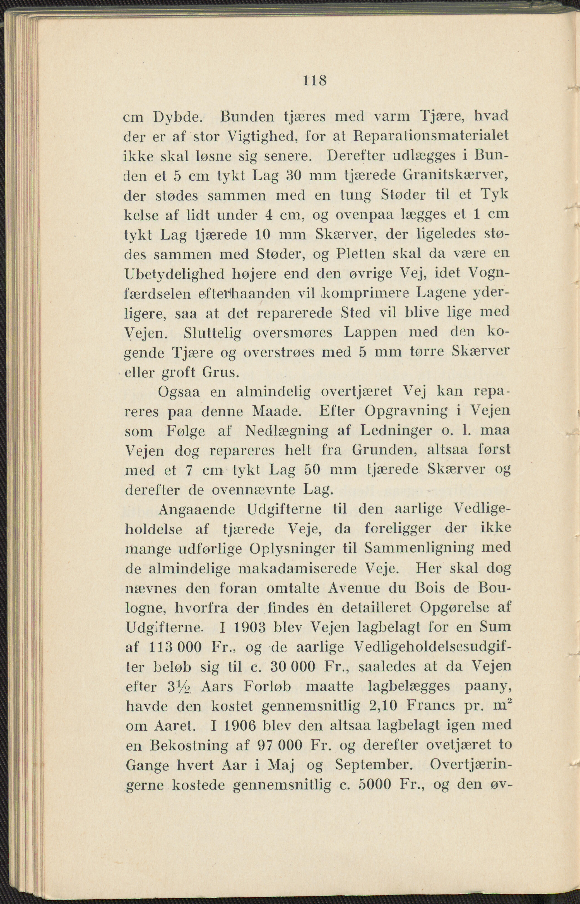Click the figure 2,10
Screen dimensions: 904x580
click(384, 706)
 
